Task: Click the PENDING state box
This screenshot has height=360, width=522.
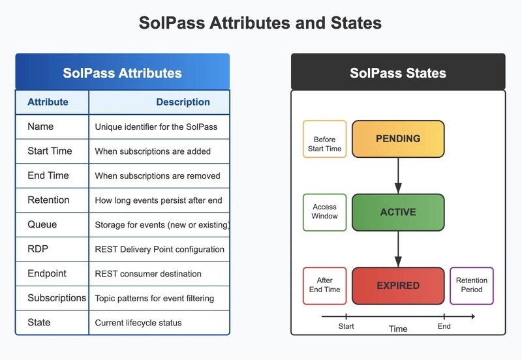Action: pyautogui.click(x=398, y=139)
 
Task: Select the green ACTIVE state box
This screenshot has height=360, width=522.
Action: pyautogui.click(x=398, y=212)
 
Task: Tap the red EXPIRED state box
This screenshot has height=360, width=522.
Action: pyautogui.click(x=398, y=286)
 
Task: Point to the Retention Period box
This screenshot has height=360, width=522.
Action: pyautogui.click(x=471, y=286)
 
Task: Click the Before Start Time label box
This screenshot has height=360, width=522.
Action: pyautogui.click(x=324, y=139)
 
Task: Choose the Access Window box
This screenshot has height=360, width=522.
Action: pyautogui.click(x=324, y=212)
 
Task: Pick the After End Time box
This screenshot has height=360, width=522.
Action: pyautogui.click(x=324, y=286)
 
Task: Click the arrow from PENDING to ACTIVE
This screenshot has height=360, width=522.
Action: pyautogui.click(x=398, y=175)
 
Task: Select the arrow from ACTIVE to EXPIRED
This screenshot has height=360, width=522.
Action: pyautogui.click(x=398, y=249)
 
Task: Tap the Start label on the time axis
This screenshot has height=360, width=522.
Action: pyautogui.click(x=346, y=326)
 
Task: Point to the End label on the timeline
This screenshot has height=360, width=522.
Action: pyautogui.click(x=444, y=326)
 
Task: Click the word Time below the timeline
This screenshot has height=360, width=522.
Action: pyautogui.click(x=398, y=329)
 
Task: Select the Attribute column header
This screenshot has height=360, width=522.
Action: pyautogui.click(x=48, y=102)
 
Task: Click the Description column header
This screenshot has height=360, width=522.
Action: pyautogui.click(x=183, y=102)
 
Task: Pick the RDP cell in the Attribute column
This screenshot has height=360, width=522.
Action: pyautogui.click(x=38, y=249)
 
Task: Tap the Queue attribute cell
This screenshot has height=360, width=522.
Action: pyautogui.click(x=42, y=224)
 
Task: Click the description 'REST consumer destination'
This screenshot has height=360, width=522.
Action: pyautogui.click(x=148, y=274)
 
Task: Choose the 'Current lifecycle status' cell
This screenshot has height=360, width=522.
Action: pyautogui.click(x=138, y=323)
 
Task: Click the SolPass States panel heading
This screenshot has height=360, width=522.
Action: pyautogui.click(x=398, y=73)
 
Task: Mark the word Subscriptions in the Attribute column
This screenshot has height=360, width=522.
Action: pyautogui.click(x=57, y=298)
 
